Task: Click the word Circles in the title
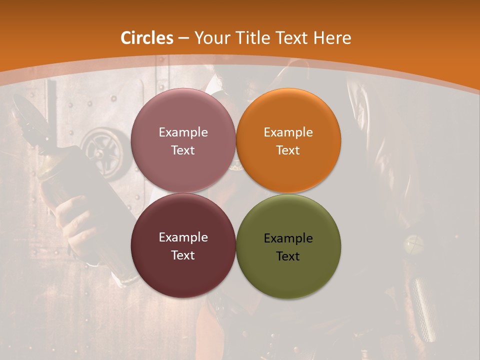[x=147, y=38]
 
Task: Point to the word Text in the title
[x=292, y=38]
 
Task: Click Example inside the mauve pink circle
[x=183, y=132]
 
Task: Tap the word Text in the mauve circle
[x=183, y=150]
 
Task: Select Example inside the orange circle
[x=288, y=132]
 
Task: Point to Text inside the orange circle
[x=288, y=150]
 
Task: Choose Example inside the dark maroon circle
[x=183, y=237]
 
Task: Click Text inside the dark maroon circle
[x=183, y=255]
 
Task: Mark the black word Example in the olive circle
[x=288, y=238]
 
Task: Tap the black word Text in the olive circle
[x=288, y=256]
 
